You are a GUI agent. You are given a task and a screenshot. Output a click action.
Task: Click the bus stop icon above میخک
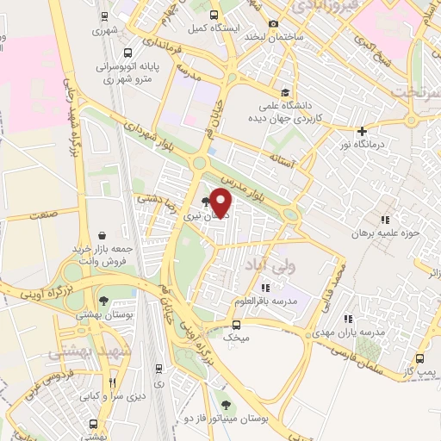click(x=236, y=324)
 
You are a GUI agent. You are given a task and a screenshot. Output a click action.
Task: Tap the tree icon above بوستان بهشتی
click(x=103, y=301)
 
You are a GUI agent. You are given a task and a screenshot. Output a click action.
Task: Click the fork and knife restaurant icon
click(x=111, y=383)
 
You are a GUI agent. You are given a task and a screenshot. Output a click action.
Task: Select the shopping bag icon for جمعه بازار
click(x=102, y=235)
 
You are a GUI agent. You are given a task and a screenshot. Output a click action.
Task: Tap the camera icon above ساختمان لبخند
click(x=273, y=24)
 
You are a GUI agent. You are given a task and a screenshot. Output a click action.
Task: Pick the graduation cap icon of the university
click(x=284, y=93)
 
